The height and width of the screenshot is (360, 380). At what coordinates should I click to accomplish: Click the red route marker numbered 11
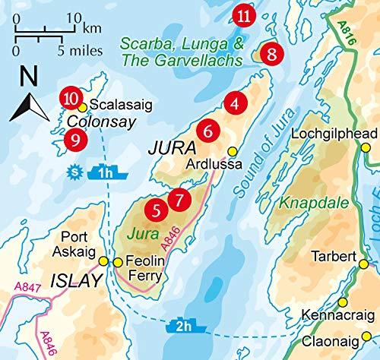click(244, 14)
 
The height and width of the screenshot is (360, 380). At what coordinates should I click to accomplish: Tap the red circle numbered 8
click(271, 54)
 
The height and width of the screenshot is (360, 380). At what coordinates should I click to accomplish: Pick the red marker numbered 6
click(208, 131)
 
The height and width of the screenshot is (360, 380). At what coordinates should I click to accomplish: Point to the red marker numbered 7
click(178, 201)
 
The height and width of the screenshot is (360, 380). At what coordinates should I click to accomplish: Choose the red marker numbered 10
click(71, 98)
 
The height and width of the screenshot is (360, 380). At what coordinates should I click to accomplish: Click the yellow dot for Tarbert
click(364, 264)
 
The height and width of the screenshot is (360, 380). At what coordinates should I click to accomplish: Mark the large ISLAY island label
click(75, 281)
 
